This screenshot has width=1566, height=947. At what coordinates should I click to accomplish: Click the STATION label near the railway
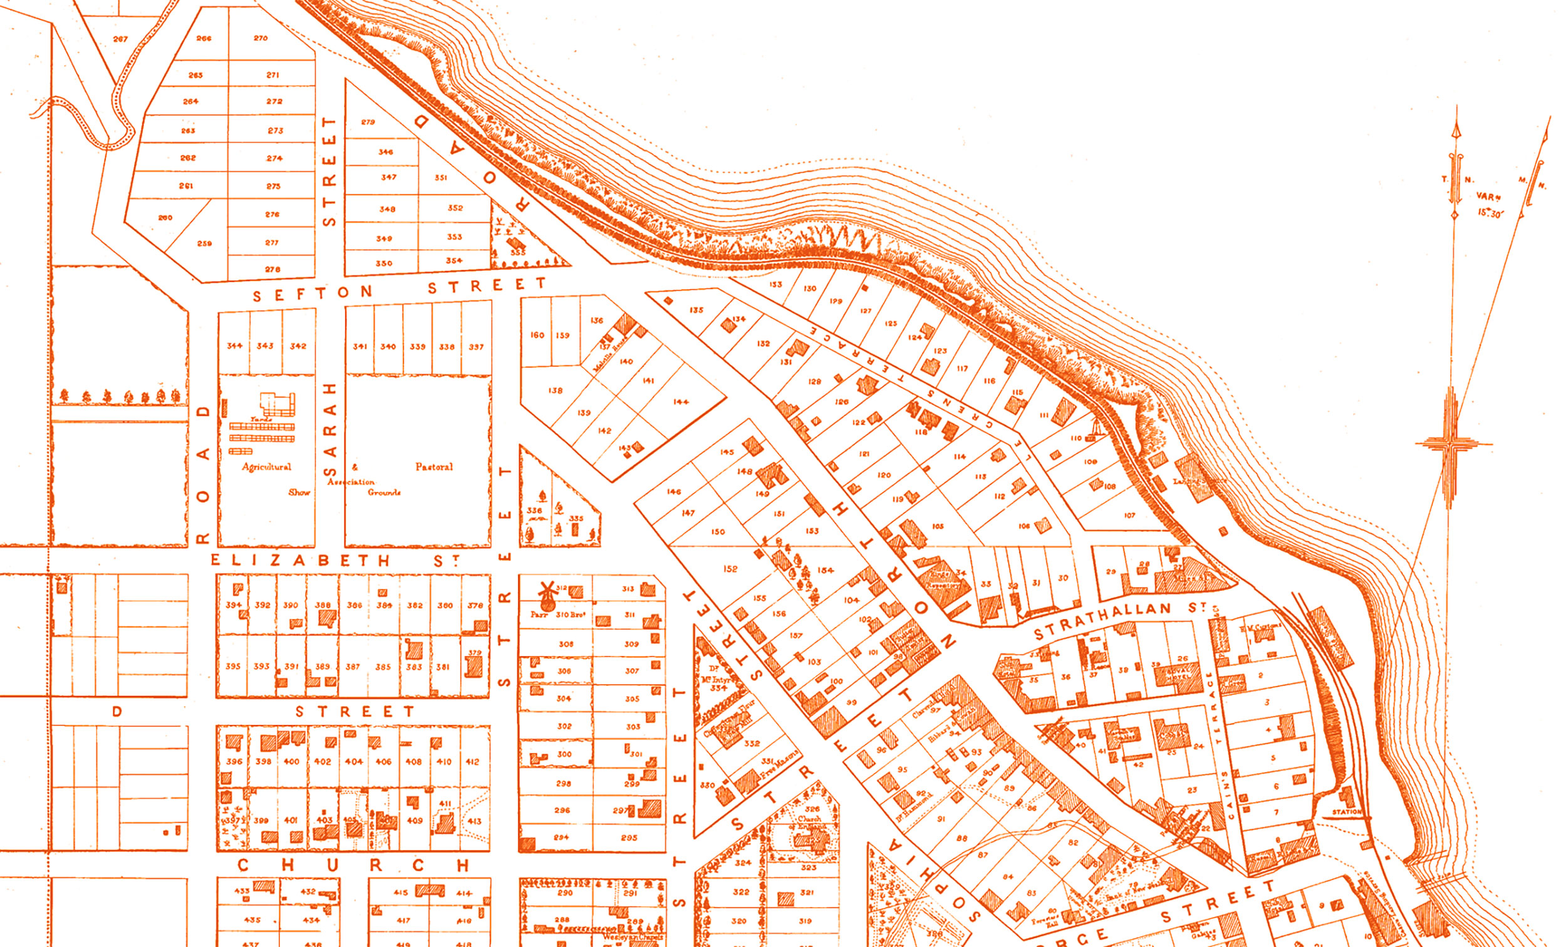coord(1347,812)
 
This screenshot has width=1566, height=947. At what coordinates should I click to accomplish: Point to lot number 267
coord(120,39)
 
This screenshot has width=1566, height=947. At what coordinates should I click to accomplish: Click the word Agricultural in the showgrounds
coord(266,467)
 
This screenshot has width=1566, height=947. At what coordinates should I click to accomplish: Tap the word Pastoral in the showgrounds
coord(434,467)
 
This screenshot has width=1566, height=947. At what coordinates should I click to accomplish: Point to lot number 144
coord(681,401)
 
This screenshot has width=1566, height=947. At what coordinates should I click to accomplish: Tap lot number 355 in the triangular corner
coord(518,253)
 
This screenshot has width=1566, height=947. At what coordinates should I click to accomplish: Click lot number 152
coord(730,568)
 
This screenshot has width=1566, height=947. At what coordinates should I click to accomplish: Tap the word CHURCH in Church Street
coord(353,865)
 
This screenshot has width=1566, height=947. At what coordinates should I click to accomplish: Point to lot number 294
coord(561,837)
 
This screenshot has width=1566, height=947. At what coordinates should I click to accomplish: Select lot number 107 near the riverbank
coord(1129,515)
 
